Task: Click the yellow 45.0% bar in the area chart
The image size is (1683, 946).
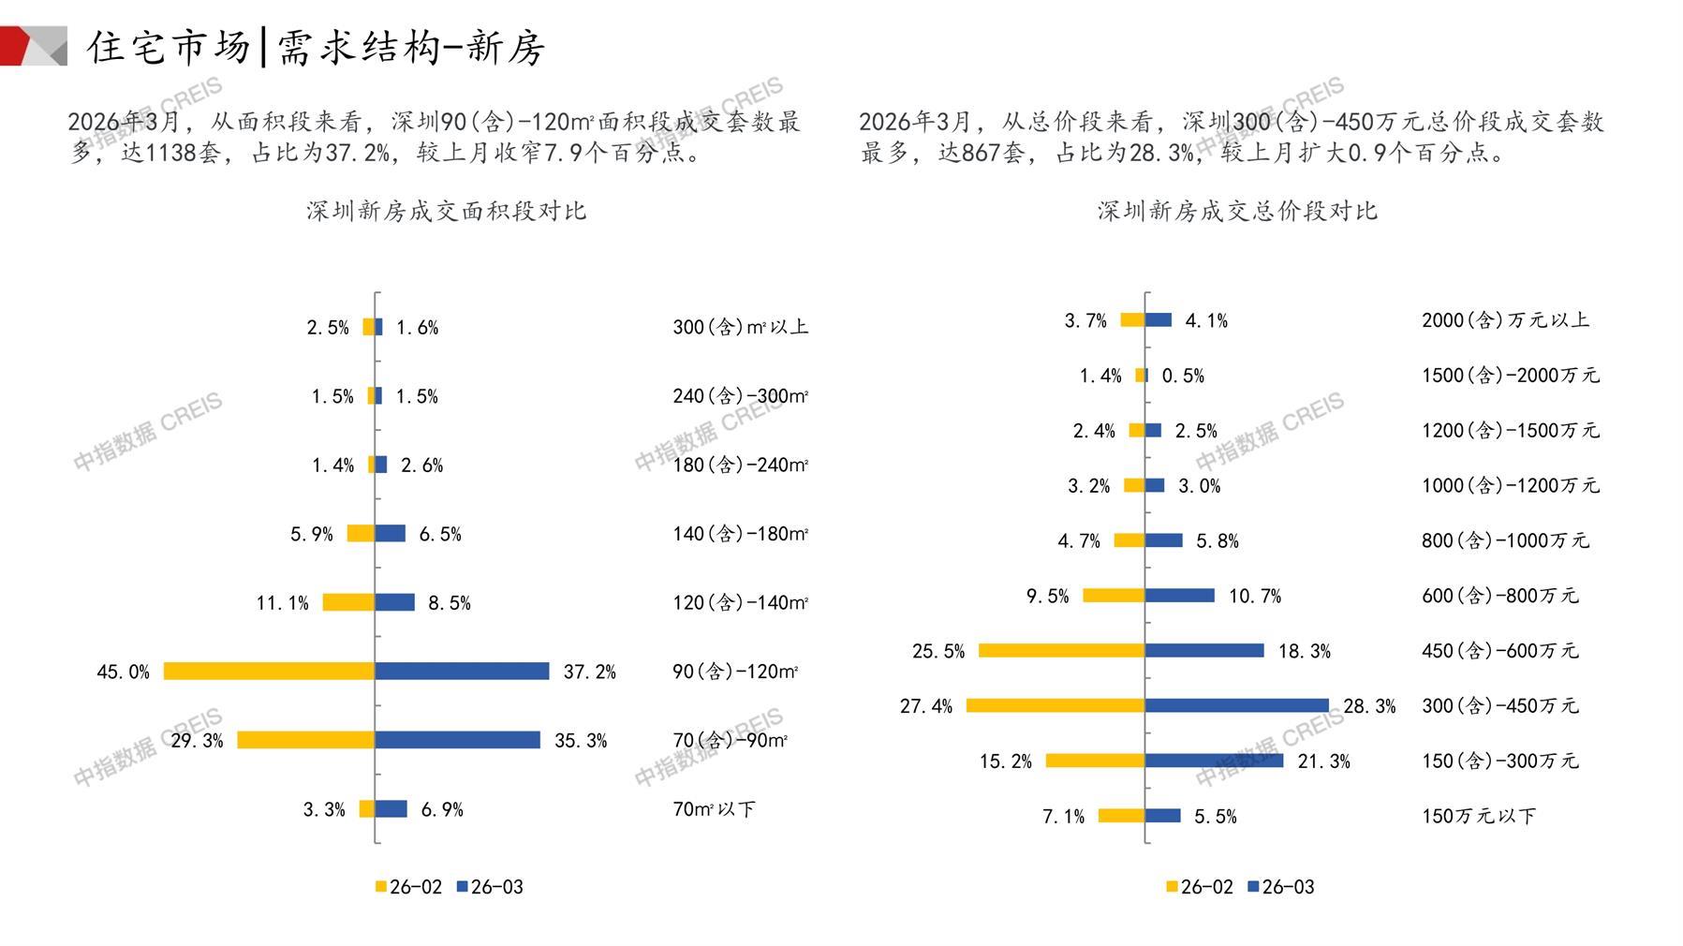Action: pos(269,672)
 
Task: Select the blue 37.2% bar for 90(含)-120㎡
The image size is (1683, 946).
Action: pos(462,672)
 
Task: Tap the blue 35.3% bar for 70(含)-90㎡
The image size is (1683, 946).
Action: pos(457,740)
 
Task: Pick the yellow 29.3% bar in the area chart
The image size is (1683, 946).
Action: pos(305,740)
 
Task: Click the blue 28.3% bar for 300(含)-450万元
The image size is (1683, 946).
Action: pos(1236,705)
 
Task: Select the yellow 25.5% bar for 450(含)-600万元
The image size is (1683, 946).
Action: pos(1061,650)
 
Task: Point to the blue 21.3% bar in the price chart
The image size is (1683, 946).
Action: pos(1214,761)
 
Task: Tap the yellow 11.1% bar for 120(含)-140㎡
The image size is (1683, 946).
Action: pos(348,602)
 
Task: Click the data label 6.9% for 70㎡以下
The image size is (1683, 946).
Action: pos(442,809)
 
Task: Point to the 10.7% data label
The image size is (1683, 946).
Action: pos(1255,596)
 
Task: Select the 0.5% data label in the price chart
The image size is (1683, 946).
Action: pos(1183,376)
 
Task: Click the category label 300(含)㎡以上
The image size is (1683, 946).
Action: pos(740,327)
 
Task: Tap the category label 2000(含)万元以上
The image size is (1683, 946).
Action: pos(1505,320)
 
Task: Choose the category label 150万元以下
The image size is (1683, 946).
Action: pos(1478,816)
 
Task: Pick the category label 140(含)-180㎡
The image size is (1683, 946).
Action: pos(740,534)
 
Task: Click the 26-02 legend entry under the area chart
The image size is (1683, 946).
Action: pos(408,887)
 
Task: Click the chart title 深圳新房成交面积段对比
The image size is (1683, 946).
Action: pos(446,211)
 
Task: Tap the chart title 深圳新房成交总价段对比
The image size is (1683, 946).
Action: pos(1237,211)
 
